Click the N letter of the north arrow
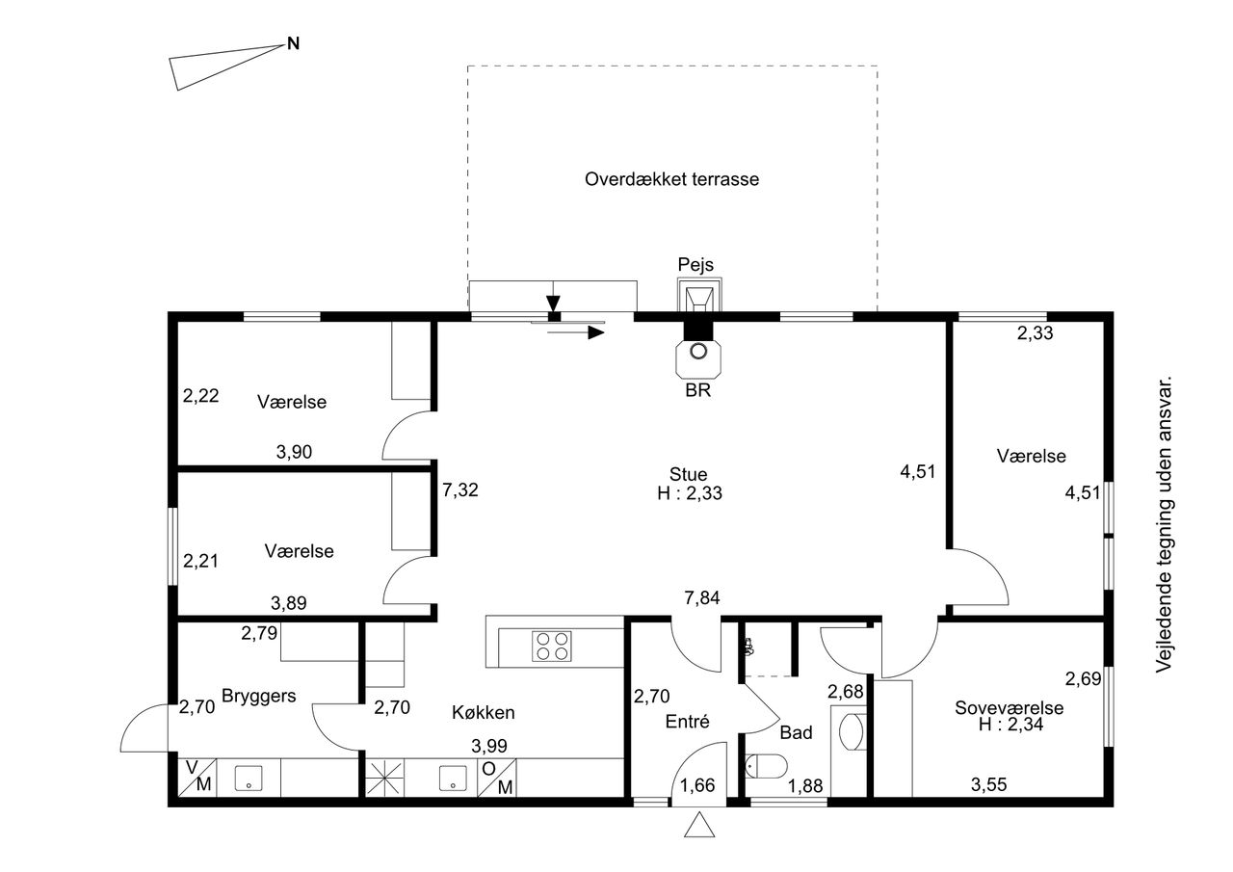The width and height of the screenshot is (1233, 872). [294, 43]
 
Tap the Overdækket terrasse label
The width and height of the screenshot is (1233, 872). [671, 179]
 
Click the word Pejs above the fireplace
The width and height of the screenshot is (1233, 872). [695, 264]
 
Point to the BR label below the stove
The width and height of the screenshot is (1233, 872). [698, 390]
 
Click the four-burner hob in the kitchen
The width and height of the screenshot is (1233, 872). [552, 647]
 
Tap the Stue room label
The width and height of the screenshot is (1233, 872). [688, 474]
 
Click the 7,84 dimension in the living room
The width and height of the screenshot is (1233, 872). [702, 597]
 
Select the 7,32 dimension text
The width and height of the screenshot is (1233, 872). [460, 489]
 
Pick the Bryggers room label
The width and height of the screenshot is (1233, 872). [259, 696]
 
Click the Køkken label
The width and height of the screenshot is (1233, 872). [484, 712]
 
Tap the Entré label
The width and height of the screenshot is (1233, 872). [687, 721]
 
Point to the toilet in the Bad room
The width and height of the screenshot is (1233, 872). [766, 766]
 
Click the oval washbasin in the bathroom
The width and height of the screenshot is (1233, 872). [853, 731]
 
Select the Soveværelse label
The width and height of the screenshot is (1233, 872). [1009, 707]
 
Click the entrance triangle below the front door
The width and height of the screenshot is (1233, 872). [699, 825]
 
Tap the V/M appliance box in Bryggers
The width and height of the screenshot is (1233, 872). [197, 778]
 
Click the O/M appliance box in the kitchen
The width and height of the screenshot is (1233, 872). [497, 778]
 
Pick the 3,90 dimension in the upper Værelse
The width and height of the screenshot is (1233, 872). [294, 452]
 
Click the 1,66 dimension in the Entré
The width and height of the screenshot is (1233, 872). [697, 785]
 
